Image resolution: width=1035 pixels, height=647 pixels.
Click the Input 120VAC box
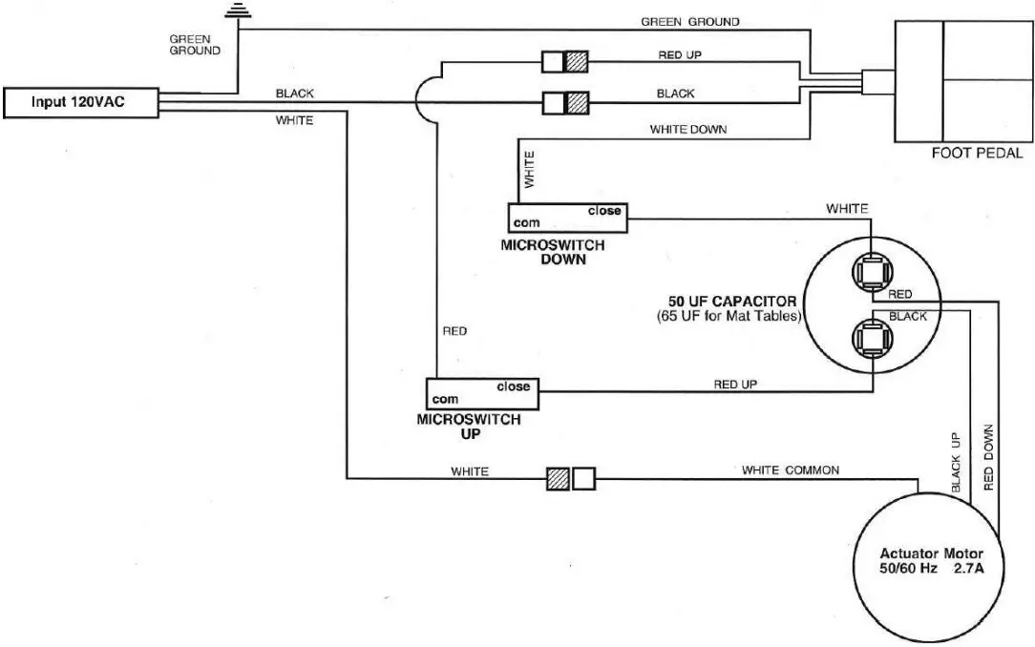point(79,102)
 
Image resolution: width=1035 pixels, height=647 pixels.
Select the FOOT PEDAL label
point(976,153)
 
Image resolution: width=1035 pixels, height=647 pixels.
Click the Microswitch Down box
point(566,219)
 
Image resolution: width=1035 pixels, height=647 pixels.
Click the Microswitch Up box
point(483,393)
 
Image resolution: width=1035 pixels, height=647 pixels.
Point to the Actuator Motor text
point(931,554)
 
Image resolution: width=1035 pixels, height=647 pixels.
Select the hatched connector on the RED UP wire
point(577,62)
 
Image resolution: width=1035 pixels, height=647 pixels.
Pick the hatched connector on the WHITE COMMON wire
point(557,479)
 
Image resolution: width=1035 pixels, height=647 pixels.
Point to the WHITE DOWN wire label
point(690,129)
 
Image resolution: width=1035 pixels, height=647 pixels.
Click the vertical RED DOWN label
point(988,457)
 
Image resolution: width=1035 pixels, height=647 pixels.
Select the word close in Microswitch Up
point(513,386)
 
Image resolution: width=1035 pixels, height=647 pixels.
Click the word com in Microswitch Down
point(525,223)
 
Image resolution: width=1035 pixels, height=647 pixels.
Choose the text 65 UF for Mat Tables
point(727,317)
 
